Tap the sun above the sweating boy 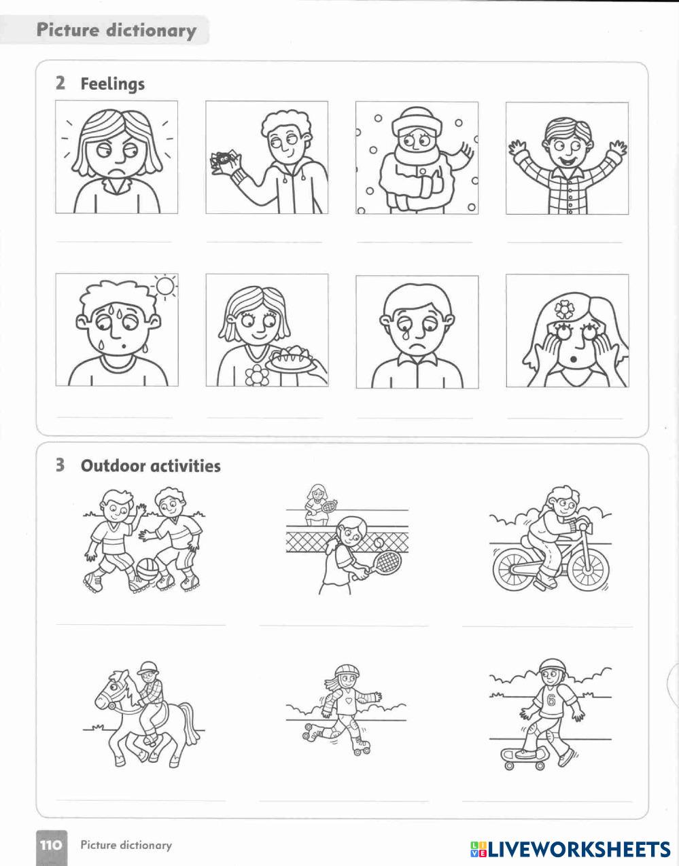click(165, 285)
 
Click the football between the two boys click(147, 571)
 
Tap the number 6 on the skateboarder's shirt click(551, 700)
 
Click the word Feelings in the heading click(112, 84)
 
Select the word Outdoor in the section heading click(106, 465)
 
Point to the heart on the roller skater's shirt click(348, 700)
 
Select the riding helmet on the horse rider click(147, 668)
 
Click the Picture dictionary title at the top click(116, 31)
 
